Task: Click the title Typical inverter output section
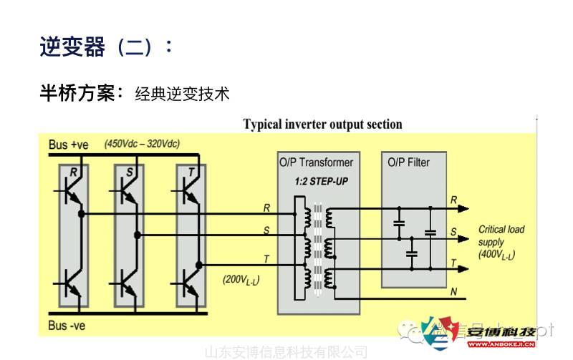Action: click(x=322, y=125)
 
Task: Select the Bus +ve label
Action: click(x=69, y=145)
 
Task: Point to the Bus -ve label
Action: click(x=67, y=326)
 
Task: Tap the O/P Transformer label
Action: click(x=316, y=162)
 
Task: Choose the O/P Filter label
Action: click(x=408, y=162)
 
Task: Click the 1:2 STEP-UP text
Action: click(x=321, y=182)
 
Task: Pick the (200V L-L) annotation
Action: click(x=241, y=279)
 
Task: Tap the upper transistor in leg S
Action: click(x=129, y=193)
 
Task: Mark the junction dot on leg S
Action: click(x=137, y=235)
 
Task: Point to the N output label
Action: click(x=453, y=292)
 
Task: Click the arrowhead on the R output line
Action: click(x=463, y=208)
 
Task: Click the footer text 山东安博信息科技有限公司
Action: click(x=286, y=352)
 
